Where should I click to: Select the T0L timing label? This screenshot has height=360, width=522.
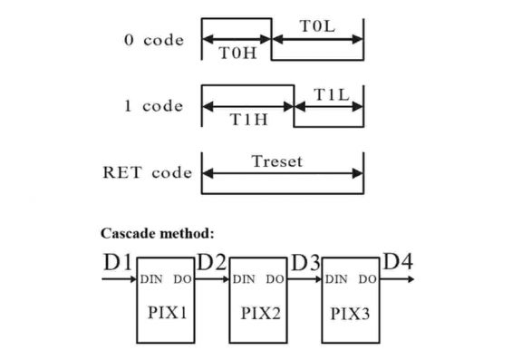[317, 26]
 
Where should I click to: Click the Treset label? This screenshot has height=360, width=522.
[277, 161]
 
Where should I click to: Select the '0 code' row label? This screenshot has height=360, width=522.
[153, 40]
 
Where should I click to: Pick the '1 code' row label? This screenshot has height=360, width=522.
[153, 106]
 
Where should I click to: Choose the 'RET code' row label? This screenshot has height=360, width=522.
[148, 172]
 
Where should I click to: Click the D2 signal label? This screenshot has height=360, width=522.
[211, 263]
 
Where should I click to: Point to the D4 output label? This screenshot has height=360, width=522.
[399, 262]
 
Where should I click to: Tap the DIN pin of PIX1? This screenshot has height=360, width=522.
[151, 279]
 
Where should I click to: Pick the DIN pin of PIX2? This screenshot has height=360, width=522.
[244, 279]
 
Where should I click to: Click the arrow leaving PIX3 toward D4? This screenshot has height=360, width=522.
[399, 279]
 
